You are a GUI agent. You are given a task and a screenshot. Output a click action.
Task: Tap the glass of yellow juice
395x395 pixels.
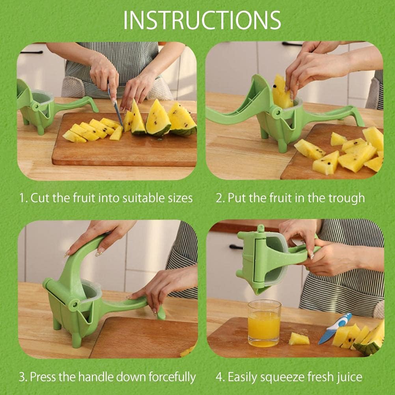point(264,323)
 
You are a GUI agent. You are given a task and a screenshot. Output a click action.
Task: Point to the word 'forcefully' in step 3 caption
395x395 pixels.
point(172,377)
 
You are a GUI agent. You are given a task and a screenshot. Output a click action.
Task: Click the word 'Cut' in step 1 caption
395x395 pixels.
point(41,198)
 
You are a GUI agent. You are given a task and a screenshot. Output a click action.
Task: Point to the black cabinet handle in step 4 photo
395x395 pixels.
point(236,247)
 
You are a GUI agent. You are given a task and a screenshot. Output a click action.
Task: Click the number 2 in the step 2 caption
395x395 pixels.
point(219,198)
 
